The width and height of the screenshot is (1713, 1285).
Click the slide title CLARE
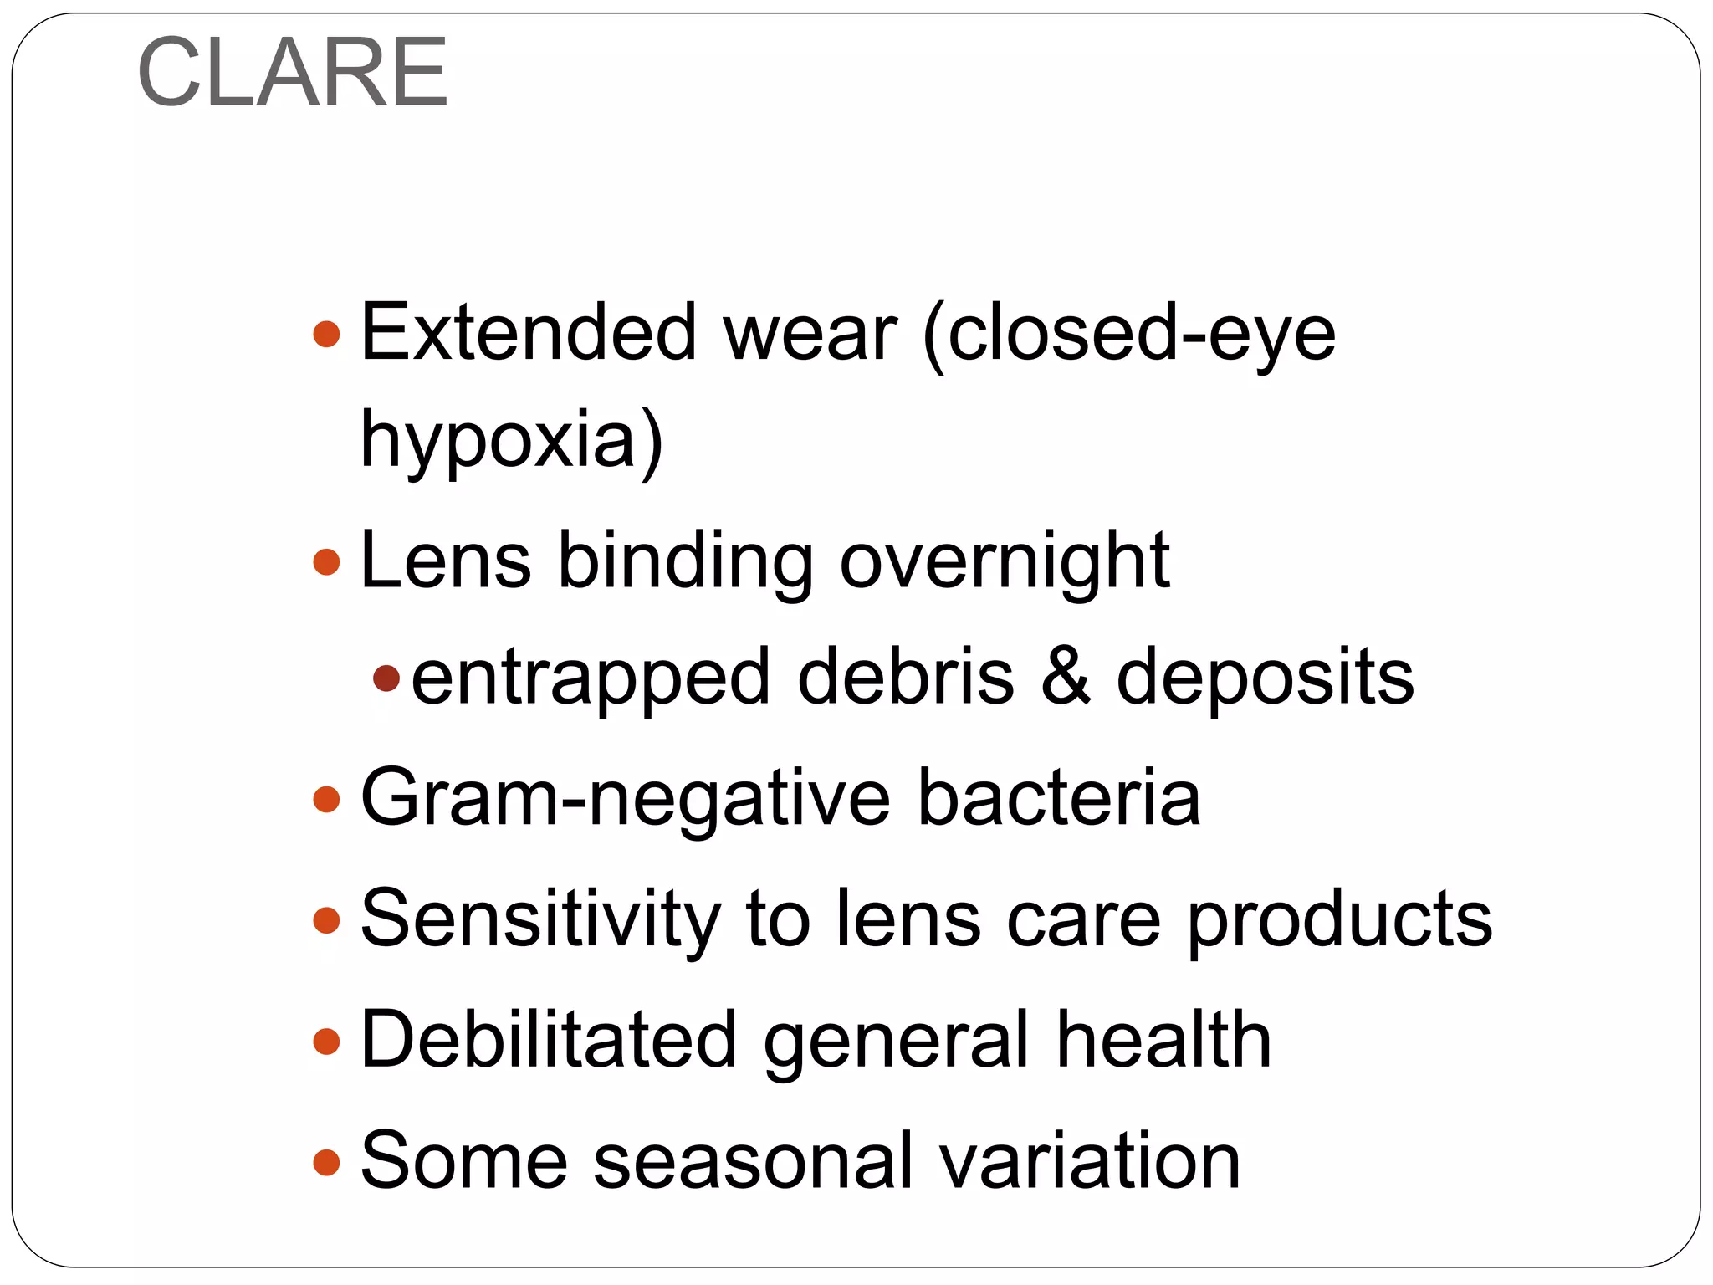coord(293,73)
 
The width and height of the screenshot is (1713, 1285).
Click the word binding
coord(685,561)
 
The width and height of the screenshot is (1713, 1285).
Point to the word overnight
coord(1004,561)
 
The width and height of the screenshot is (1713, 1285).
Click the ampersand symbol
coord(1066,677)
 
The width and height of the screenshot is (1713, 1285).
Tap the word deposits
coord(1265,677)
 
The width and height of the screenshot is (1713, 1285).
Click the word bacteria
coord(1059,799)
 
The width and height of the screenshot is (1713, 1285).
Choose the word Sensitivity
coord(540,919)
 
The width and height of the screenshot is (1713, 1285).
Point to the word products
coord(1340,919)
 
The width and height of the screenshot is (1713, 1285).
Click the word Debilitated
coord(548,1040)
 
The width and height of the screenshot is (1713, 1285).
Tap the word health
coord(1163,1040)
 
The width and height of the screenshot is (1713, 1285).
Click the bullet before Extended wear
coord(326,335)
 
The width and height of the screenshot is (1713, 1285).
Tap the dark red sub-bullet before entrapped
coord(386,678)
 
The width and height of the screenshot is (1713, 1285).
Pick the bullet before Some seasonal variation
coord(326,1162)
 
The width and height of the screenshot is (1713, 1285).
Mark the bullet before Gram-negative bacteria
coord(326,800)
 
